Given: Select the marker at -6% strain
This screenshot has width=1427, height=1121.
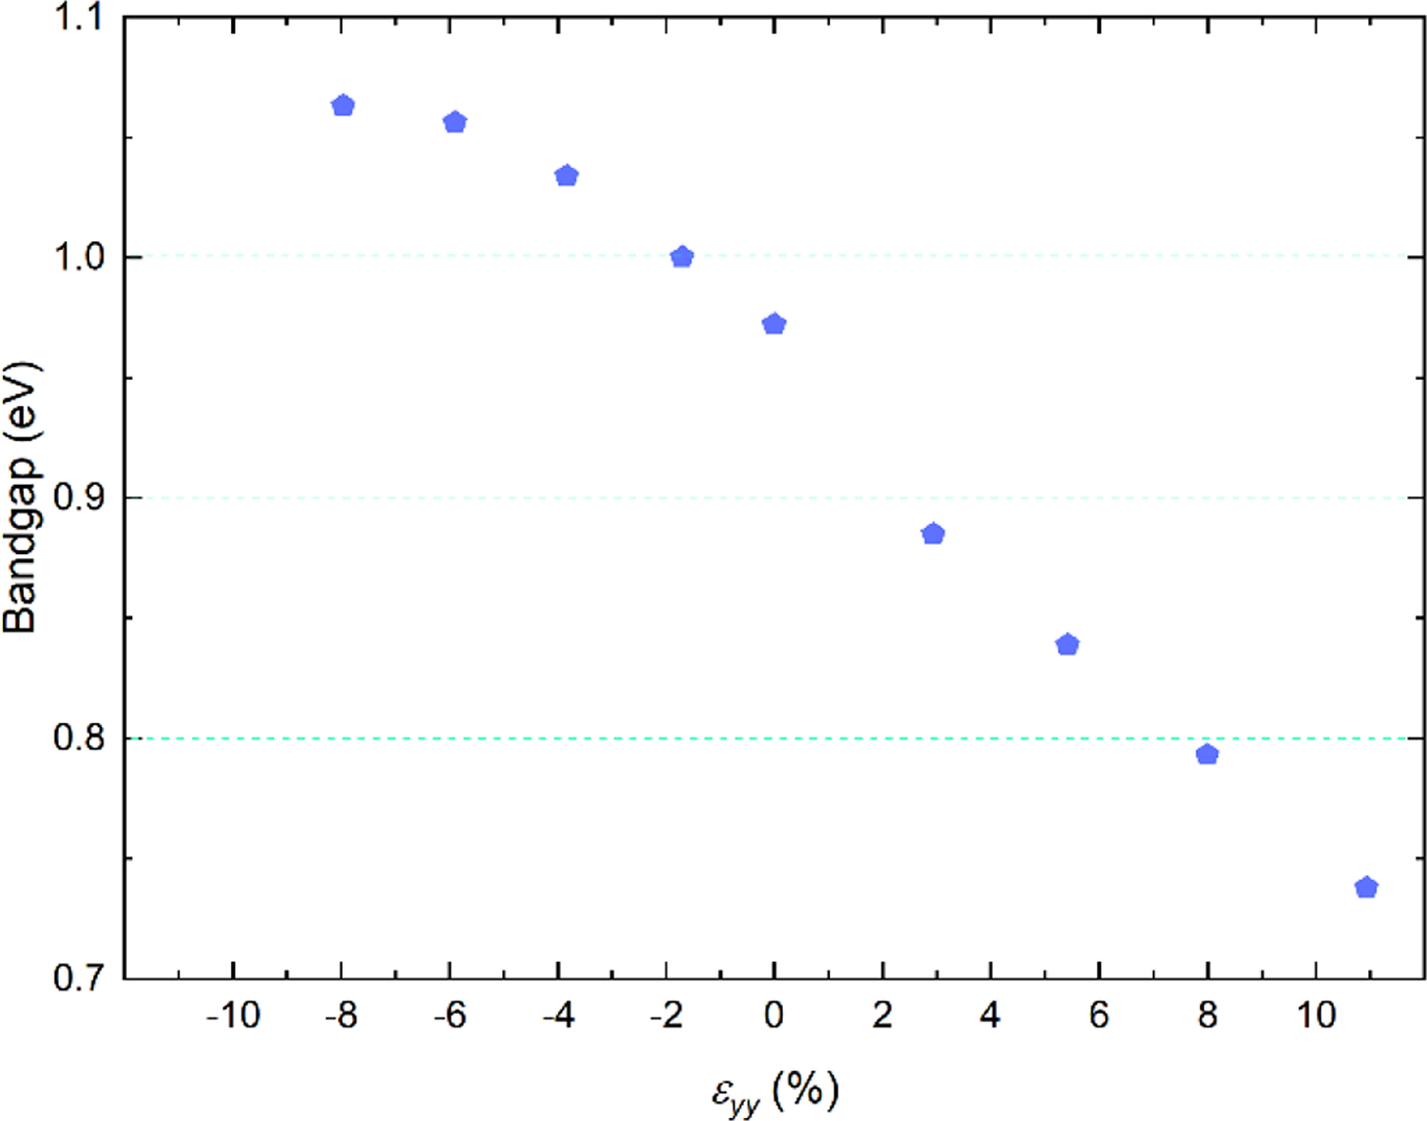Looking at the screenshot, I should [x=455, y=122].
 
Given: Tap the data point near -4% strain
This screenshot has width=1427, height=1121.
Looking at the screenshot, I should [x=567, y=176].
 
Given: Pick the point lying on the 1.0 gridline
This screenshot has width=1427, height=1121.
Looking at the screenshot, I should [x=683, y=257].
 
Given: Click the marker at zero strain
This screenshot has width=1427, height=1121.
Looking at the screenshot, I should [x=775, y=324].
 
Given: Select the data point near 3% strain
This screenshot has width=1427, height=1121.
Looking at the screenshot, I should [x=933, y=534].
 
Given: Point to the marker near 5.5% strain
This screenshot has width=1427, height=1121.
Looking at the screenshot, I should [x=1068, y=644].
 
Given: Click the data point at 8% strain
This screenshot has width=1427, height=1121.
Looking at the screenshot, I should [x=1207, y=754].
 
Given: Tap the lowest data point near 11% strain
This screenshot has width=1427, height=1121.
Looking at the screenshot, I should [x=1366, y=887].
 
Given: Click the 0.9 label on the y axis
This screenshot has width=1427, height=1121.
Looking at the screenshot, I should [x=79, y=497].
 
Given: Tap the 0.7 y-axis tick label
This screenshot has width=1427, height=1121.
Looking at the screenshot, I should [x=79, y=978].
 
